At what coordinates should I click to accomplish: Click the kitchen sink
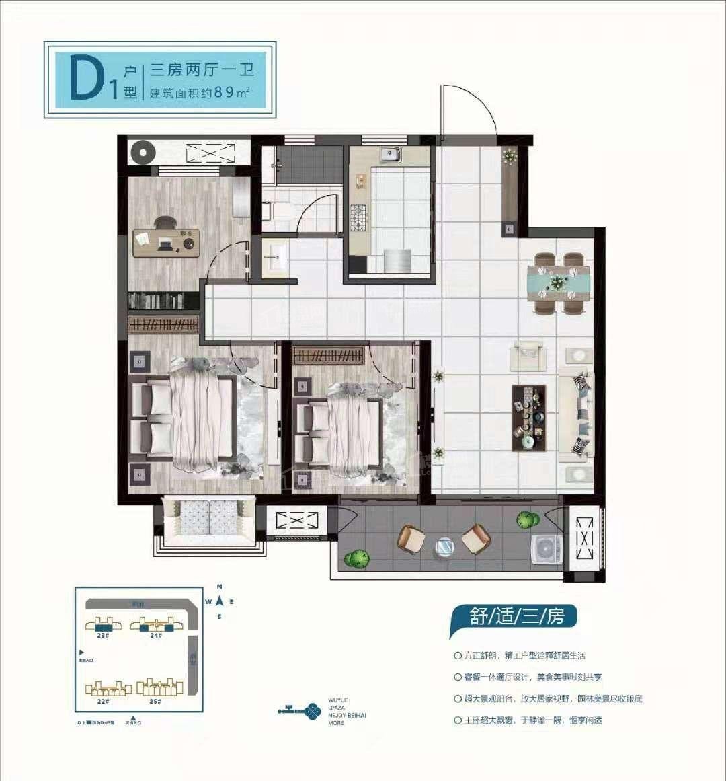coord(391,156)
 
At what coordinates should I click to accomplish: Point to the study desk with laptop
coord(166,241)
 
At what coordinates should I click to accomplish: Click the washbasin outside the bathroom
coord(276,256)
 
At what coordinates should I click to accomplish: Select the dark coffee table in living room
coord(528,416)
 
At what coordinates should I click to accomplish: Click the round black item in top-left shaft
coord(143,152)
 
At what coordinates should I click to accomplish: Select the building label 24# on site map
coord(156,635)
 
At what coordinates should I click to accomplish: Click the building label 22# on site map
coord(103,701)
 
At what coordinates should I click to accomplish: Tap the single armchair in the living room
coord(528,355)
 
